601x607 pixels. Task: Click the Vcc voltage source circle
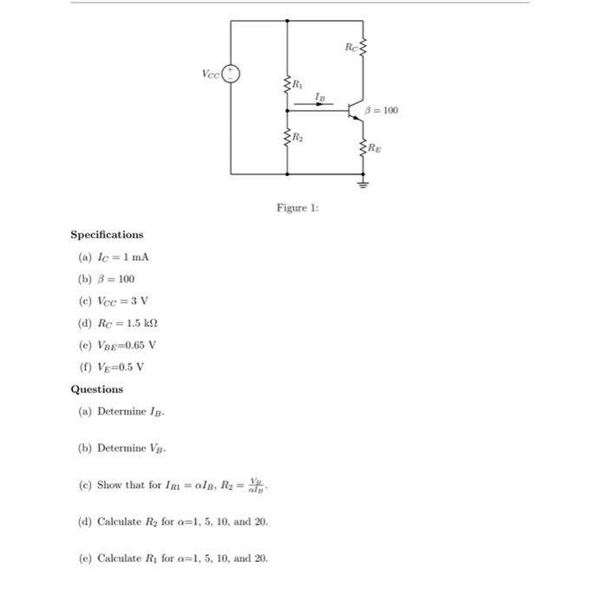(x=231, y=75)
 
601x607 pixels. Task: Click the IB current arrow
(x=320, y=104)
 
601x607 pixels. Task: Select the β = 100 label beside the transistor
(x=382, y=110)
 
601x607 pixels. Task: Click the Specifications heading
(x=107, y=234)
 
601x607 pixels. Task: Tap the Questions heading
(x=96, y=389)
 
